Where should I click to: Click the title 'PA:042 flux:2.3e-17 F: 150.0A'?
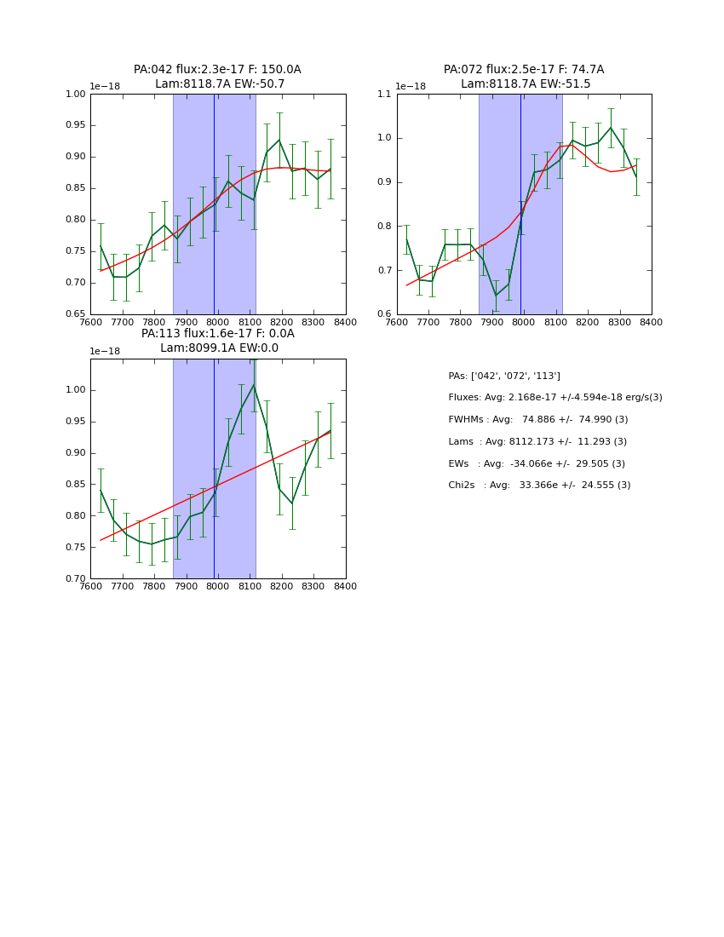[x=217, y=70]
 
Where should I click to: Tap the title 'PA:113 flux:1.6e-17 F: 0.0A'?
[x=217, y=334]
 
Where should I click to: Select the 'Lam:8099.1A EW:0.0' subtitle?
[x=219, y=348]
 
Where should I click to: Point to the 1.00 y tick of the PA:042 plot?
[x=77, y=95]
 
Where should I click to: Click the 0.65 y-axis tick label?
[x=77, y=314]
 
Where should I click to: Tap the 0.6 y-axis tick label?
[x=385, y=314]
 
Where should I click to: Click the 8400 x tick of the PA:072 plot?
[x=651, y=323]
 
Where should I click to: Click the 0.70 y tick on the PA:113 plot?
[x=77, y=579]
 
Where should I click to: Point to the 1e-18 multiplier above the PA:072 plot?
[x=410, y=87]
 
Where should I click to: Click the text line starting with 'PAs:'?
[x=504, y=376]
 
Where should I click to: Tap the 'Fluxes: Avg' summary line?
[x=554, y=398]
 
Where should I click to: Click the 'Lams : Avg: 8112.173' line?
[x=537, y=442]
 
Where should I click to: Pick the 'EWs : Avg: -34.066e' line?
[x=537, y=463]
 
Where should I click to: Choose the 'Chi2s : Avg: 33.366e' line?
[x=539, y=486]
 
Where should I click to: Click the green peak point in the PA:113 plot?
[x=253, y=385]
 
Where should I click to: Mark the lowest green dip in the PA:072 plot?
[x=496, y=296]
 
